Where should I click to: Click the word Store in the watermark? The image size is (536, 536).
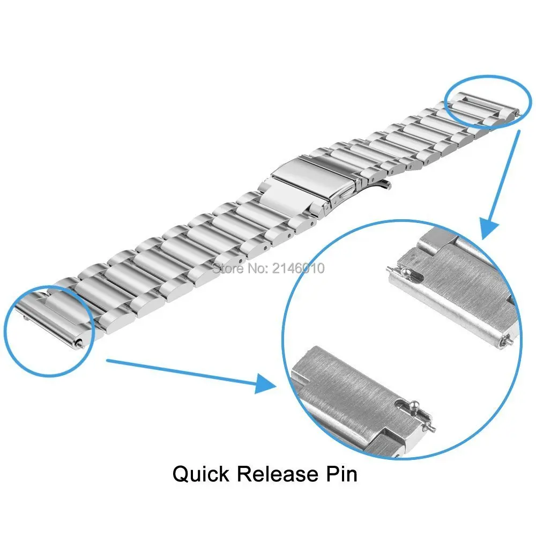226,267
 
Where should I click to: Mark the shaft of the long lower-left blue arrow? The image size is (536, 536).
182,370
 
